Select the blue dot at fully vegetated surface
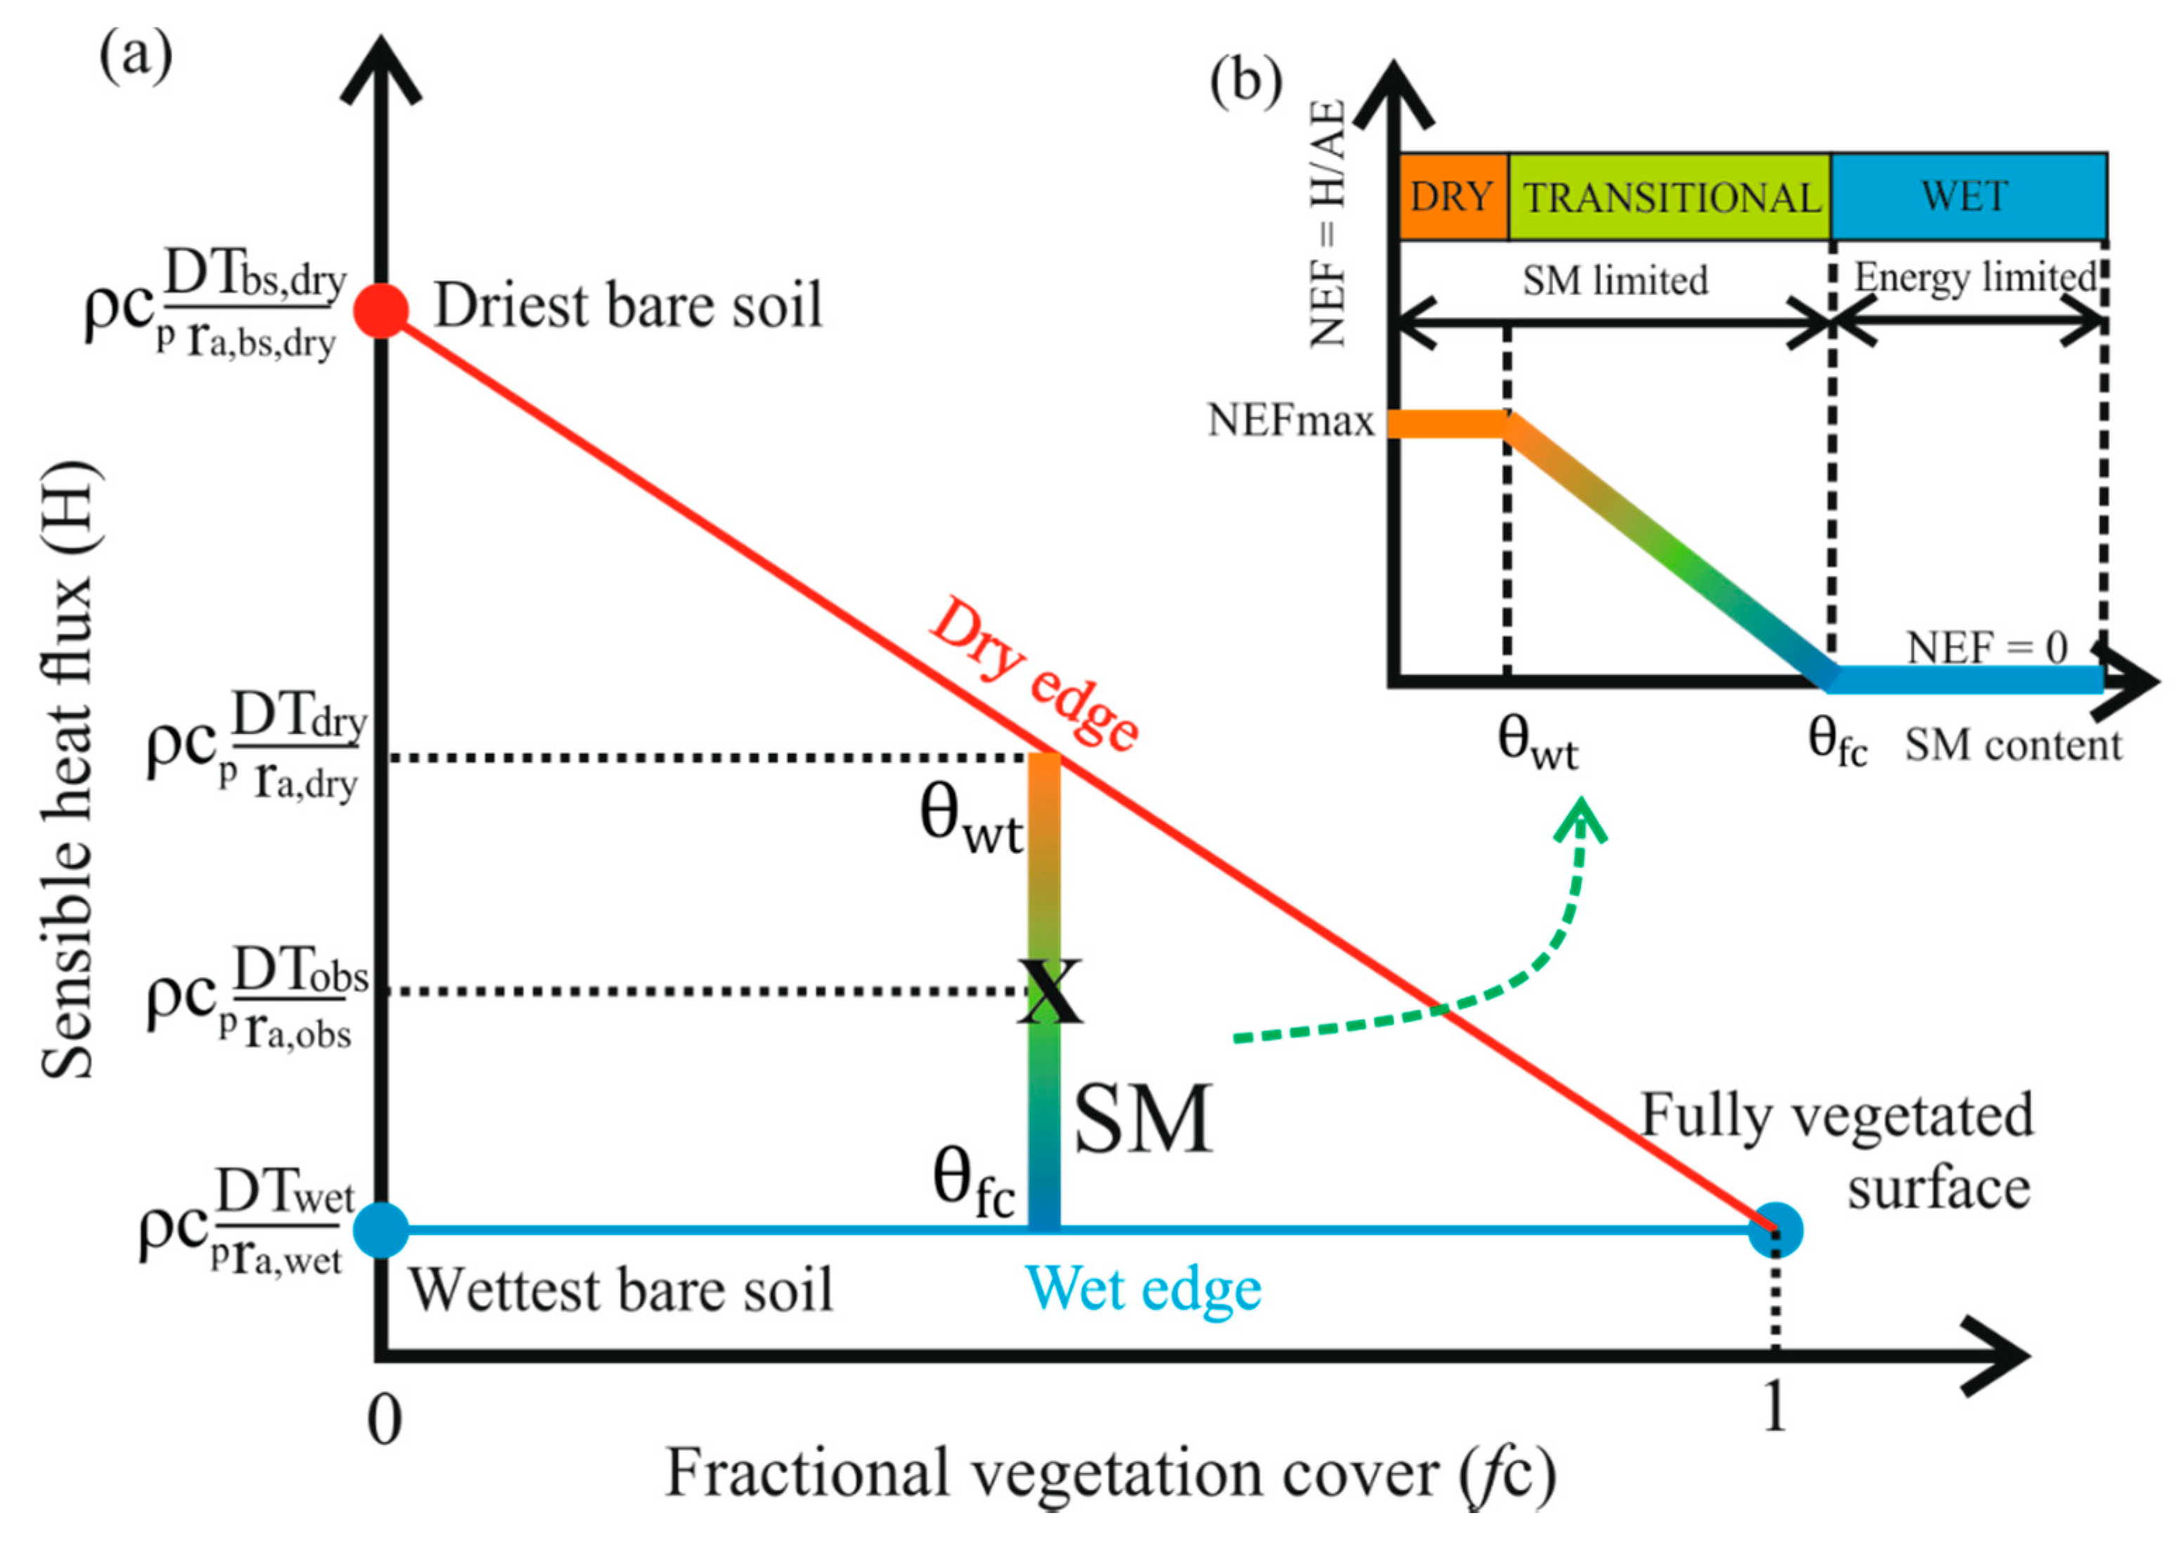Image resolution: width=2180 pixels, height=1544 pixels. click(x=1775, y=1229)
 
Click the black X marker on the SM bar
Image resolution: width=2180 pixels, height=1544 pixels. click(x=1049, y=991)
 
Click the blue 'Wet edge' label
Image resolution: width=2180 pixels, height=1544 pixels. click(x=1143, y=1290)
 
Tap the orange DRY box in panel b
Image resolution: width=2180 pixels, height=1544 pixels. click(x=1452, y=196)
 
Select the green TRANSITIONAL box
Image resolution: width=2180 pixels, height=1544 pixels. click(x=1670, y=197)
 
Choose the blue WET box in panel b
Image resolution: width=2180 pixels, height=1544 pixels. click(x=1966, y=196)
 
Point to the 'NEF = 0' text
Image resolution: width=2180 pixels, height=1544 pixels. click(x=1987, y=648)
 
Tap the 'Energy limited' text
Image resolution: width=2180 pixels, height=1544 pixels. click(x=1975, y=278)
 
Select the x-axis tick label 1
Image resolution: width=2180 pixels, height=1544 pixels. click(x=1774, y=1406)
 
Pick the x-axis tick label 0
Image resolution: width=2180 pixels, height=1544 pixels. click(x=384, y=1420)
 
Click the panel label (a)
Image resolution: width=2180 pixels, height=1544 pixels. click(x=136, y=57)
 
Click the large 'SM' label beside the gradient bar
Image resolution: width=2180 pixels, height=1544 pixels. click(x=1143, y=1119)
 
